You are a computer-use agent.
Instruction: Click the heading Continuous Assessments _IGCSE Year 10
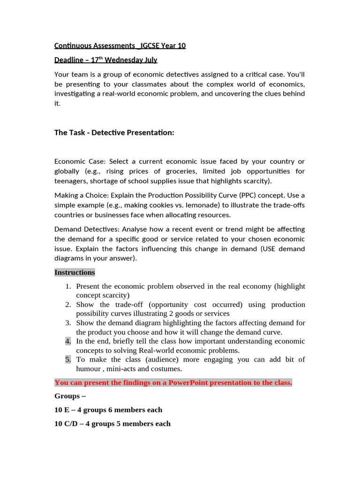click(x=120, y=45)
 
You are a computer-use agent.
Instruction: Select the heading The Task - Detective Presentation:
click(x=114, y=133)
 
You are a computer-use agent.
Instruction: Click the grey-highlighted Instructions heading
click(x=75, y=272)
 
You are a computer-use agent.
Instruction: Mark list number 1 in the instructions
click(x=68, y=286)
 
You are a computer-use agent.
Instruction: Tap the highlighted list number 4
click(x=68, y=341)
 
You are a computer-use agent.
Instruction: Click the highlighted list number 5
click(x=68, y=360)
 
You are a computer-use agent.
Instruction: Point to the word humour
click(x=89, y=369)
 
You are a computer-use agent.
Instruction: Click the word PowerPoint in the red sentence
click(x=188, y=382)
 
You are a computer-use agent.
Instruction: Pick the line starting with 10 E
click(x=108, y=410)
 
